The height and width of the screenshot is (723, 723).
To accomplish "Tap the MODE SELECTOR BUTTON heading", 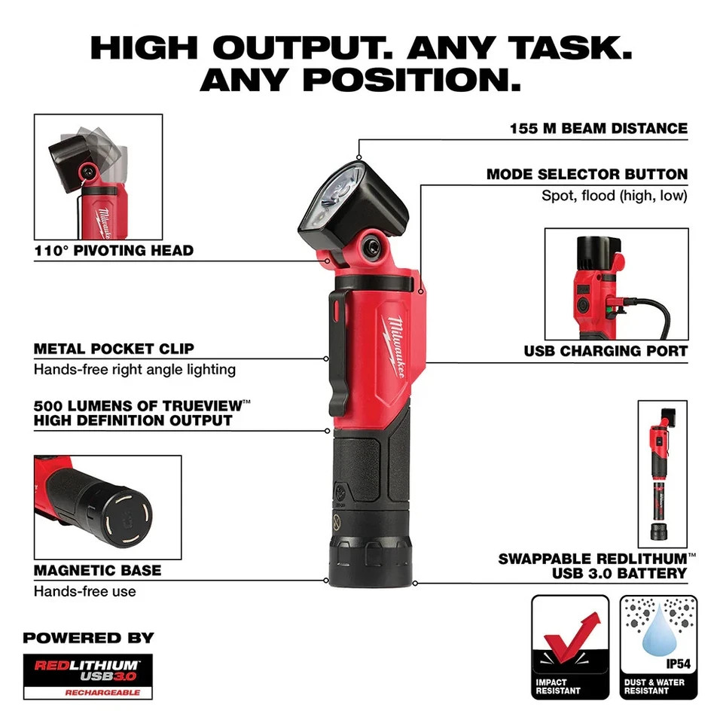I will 587,175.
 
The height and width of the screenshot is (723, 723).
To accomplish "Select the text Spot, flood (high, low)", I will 615,196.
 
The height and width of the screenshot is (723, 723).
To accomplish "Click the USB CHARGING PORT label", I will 606,351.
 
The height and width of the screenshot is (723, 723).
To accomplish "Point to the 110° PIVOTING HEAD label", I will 114,251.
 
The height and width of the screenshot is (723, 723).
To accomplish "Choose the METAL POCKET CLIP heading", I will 114,349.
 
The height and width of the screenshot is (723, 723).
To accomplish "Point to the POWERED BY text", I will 88,638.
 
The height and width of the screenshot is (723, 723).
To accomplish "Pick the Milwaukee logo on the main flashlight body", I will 396,346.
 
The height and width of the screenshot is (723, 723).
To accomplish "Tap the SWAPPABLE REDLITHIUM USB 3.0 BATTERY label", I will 593,566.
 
